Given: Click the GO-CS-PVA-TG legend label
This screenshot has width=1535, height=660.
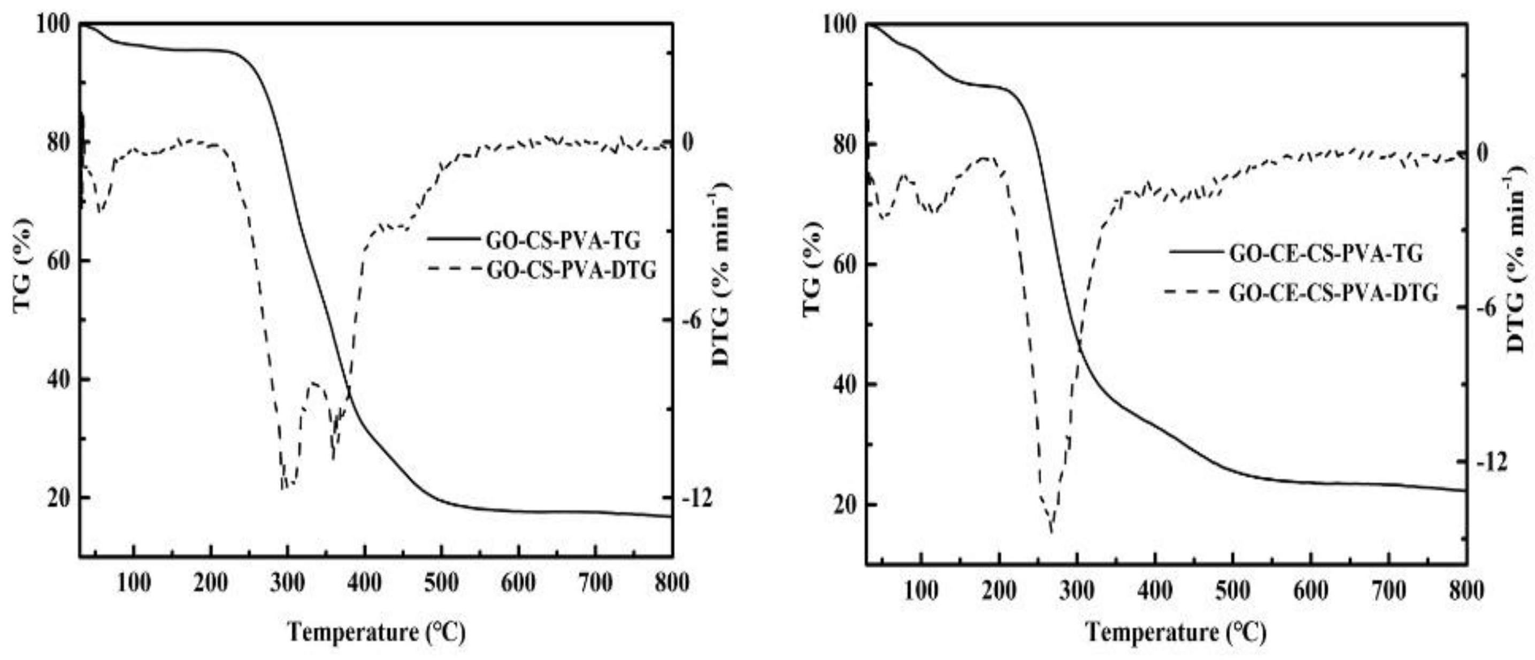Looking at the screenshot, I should click(563, 240).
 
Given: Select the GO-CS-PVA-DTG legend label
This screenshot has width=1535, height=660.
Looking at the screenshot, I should click(571, 270).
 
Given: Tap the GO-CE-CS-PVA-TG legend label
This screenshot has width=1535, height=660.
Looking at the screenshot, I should click(1326, 253).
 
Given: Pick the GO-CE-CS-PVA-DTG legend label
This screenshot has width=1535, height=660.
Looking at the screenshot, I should click(1333, 293).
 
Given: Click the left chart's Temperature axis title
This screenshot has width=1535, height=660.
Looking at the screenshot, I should click(376, 632).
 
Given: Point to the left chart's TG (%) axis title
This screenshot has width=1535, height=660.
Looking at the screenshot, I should click(22, 265).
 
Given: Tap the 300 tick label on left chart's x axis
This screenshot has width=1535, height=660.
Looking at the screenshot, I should click(288, 582).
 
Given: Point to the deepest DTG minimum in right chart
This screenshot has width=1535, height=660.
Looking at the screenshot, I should click(1052, 530).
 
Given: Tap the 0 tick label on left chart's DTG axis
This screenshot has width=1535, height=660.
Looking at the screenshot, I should click(687, 142).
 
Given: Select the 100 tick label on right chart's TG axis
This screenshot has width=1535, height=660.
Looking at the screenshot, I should click(840, 25).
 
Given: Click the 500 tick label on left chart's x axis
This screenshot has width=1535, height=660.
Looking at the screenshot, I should click(441, 582).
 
